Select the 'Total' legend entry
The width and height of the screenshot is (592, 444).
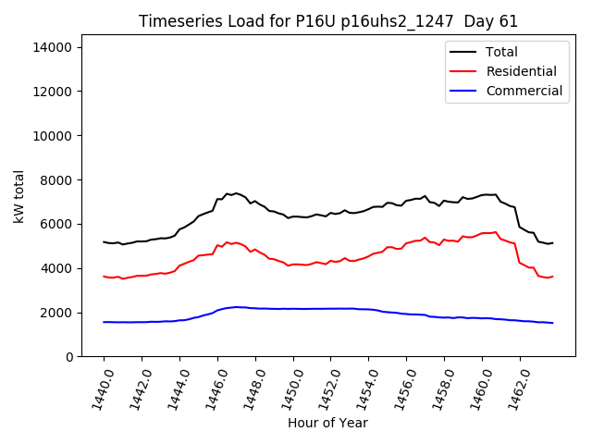pyautogui.click(x=501, y=52)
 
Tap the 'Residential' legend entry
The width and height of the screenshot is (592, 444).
pyautogui.click(x=521, y=71)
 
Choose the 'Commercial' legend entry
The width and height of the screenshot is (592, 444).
pyautogui.click(x=524, y=91)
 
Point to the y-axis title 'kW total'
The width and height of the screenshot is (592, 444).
pyautogui.click(x=18, y=196)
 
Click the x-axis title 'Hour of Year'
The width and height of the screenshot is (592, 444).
pyautogui.click(x=327, y=423)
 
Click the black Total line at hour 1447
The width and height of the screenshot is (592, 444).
pyautogui.click(x=236, y=193)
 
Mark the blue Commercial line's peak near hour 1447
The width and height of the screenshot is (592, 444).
pyautogui.click(x=236, y=307)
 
